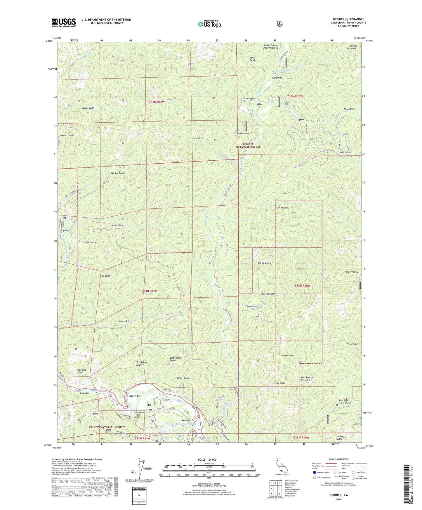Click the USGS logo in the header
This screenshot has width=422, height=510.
point(64,22)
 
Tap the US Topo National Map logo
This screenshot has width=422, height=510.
point(209,24)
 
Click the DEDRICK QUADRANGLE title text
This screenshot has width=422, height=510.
point(348,19)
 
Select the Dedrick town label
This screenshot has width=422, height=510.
point(277,78)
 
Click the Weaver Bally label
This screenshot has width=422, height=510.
point(351,272)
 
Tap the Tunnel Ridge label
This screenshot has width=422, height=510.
point(287,356)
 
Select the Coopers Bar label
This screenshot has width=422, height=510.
point(134,396)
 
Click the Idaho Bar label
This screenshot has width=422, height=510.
point(85,393)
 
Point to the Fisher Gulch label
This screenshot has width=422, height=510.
point(198,138)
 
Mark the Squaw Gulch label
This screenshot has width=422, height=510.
point(88,108)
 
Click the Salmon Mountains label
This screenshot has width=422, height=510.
point(352,47)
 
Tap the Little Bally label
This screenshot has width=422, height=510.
point(279,383)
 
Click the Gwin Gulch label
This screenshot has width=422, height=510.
point(282,208)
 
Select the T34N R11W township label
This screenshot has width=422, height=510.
point(150,291)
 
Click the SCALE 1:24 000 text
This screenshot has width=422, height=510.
point(207,460)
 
